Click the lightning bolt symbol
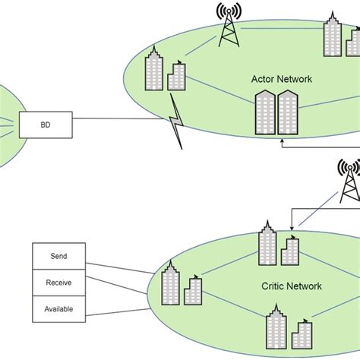click(177, 122)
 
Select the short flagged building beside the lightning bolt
click(177, 78)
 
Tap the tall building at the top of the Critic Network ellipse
click(267, 243)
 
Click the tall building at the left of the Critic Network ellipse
click(171, 284)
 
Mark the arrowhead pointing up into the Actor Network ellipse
click(281, 140)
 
